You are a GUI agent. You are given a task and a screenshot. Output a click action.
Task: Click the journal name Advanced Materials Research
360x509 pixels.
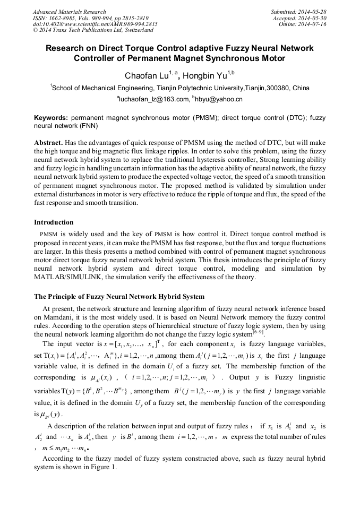[x=69, y=12]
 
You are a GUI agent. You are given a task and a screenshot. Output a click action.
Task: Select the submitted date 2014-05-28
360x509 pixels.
[x=314, y=12]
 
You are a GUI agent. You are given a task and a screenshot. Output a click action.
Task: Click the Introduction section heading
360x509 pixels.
[x=54, y=222]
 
